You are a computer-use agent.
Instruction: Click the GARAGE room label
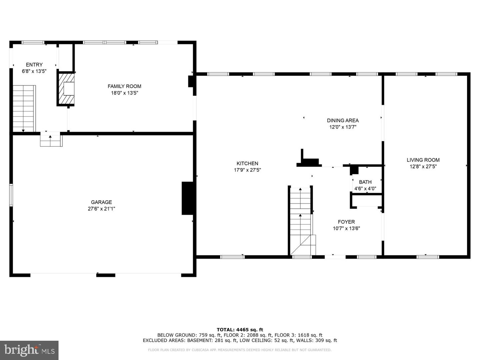click(x=101, y=202)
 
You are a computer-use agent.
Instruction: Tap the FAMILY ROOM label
click(x=124, y=86)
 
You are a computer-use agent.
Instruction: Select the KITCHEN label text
click(x=247, y=163)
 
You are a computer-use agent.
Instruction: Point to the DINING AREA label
click(x=343, y=120)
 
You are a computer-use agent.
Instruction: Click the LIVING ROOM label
click(x=423, y=160)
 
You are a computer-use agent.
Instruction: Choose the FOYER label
click(x=346, y=222)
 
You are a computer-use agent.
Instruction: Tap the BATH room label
click(x=365, y=182)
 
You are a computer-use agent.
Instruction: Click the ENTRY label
click(x=34, y=65)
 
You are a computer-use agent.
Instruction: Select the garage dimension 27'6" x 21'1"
click(x=101, y=209)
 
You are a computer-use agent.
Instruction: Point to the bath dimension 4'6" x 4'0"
click(x=365, y=189)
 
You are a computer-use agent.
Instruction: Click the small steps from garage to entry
click(x=51, y=140)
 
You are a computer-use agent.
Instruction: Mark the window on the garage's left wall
click(x=11, y=195)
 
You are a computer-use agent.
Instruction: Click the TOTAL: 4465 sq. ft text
click(x=240, y=330)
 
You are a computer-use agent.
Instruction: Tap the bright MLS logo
click(x=29, y=350)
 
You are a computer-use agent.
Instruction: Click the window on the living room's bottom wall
click(x=428, y=257)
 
